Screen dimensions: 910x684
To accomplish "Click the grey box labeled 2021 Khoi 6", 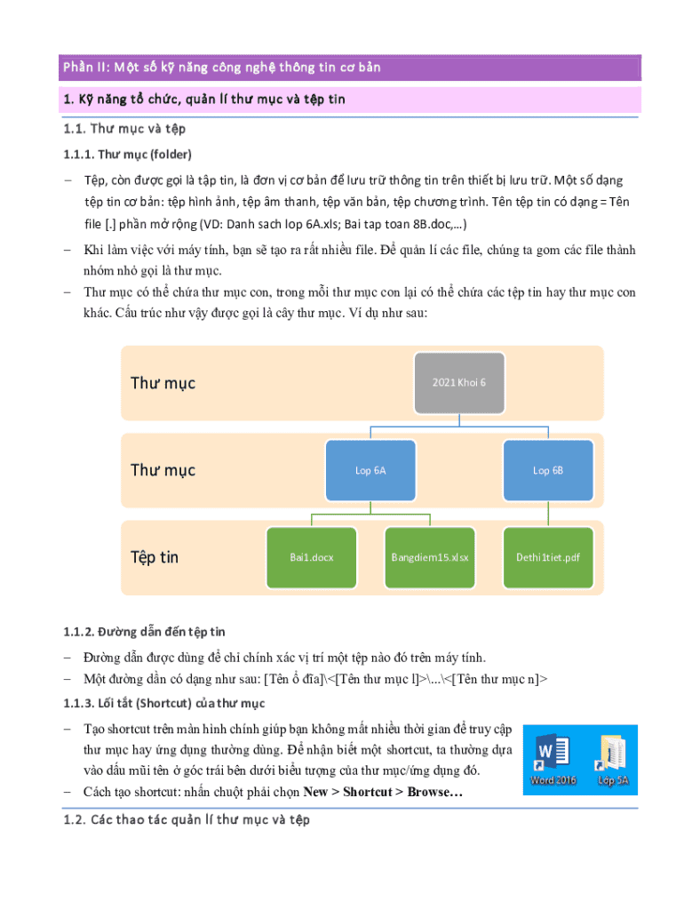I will click(x=459, y=382).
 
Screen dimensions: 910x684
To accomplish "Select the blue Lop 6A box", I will click(x=370, y=470).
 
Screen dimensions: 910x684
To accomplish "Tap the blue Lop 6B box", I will click(x=547, y=470).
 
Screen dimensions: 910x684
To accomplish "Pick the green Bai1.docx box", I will click(x=311, y=557).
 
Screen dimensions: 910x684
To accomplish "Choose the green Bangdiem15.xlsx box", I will click(x=430, y=557).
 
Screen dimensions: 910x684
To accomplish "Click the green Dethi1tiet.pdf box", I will click(x=548, y=557).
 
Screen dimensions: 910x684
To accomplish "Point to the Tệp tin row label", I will click(x=155, y=557).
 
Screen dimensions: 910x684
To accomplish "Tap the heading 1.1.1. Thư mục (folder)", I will click(x=127, y=154).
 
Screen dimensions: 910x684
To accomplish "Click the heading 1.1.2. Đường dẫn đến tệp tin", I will click(x=144, y=632).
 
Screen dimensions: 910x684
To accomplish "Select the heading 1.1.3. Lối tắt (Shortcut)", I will click(x=164, y=705).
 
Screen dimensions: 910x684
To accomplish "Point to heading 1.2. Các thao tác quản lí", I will click(x=187, y=820).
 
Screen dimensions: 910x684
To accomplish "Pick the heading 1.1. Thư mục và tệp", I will click(x=124, y=130).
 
